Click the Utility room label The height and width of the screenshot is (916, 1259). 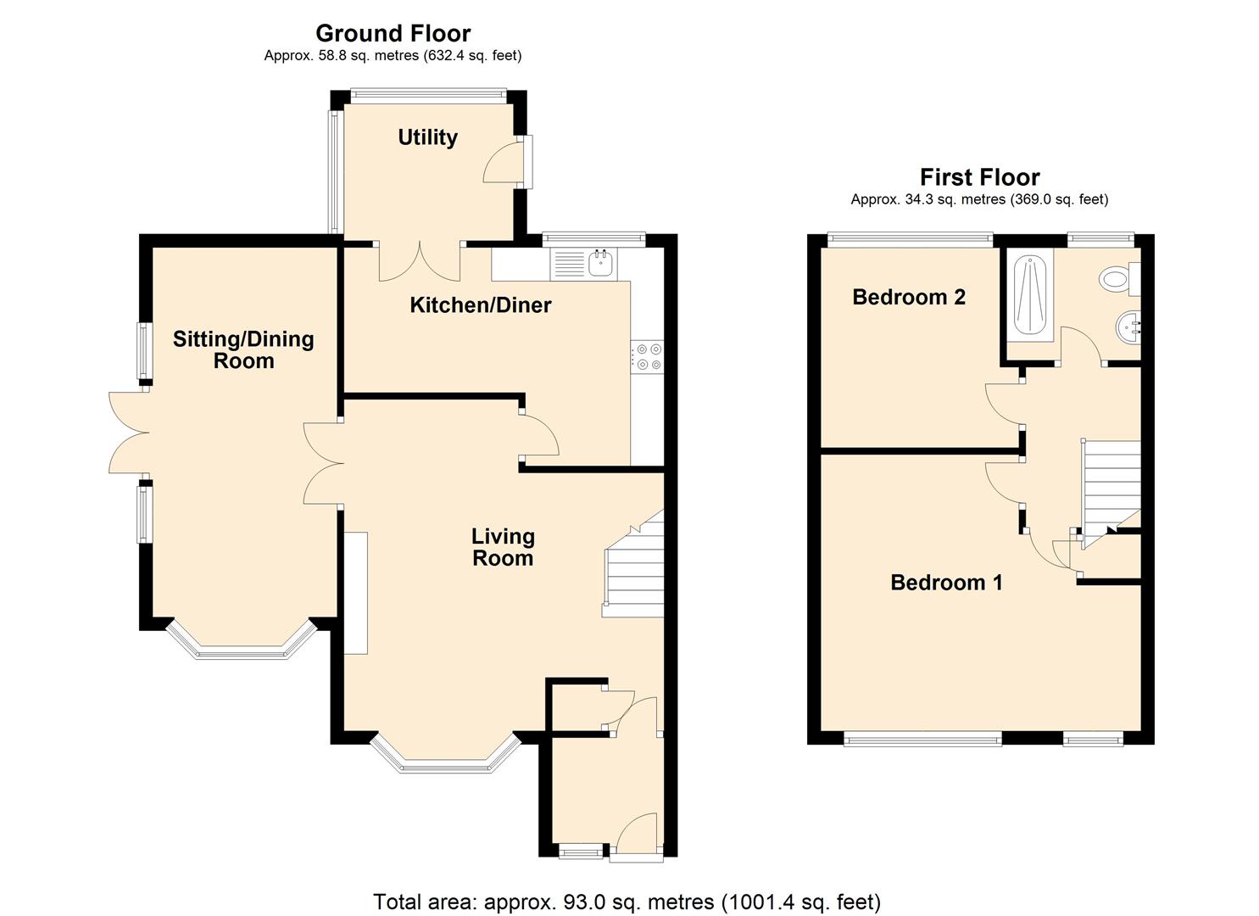click(x=427, y=137)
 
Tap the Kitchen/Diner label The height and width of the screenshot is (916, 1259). click(x=480, y=305)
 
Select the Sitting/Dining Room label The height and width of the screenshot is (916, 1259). click(x=243, y=349)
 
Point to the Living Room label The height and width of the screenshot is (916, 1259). click(x=503, y=547)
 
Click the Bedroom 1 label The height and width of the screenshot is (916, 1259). click(x=946, y=583)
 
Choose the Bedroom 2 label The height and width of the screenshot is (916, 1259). click(x=909, y=297)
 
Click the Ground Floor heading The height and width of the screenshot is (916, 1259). click(x=393, y=33)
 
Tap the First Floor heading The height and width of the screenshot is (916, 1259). click(x=979, y=177)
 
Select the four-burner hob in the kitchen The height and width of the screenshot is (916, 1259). click(x=649, y=356)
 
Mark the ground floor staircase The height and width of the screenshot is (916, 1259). click(x=633, y=568)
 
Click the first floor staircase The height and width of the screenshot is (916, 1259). click(x=1111, y=483)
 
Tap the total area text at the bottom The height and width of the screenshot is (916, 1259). click(x=627, y=902)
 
